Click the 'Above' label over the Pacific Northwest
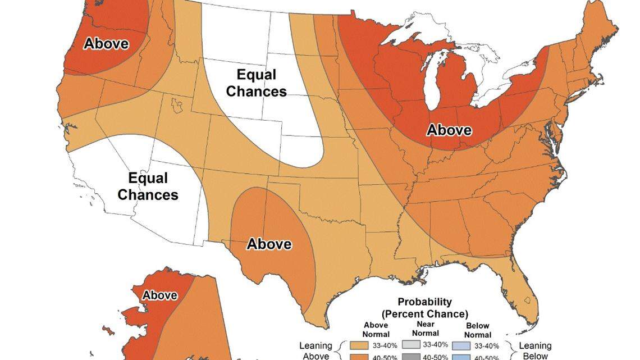[106, 44]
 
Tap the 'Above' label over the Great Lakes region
[449, 130]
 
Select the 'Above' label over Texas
[269, 244]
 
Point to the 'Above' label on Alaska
[159, 295]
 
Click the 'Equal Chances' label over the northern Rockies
[256, 83]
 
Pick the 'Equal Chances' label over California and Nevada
[148, 186]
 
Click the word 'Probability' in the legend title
[424, 303]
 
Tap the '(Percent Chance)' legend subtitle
[424, 313]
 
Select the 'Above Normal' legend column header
[376, 329]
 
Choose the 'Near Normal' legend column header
[425, 329]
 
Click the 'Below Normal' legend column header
[477, 329]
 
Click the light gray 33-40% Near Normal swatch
[410, 346]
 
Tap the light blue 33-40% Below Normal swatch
[462, 346]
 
